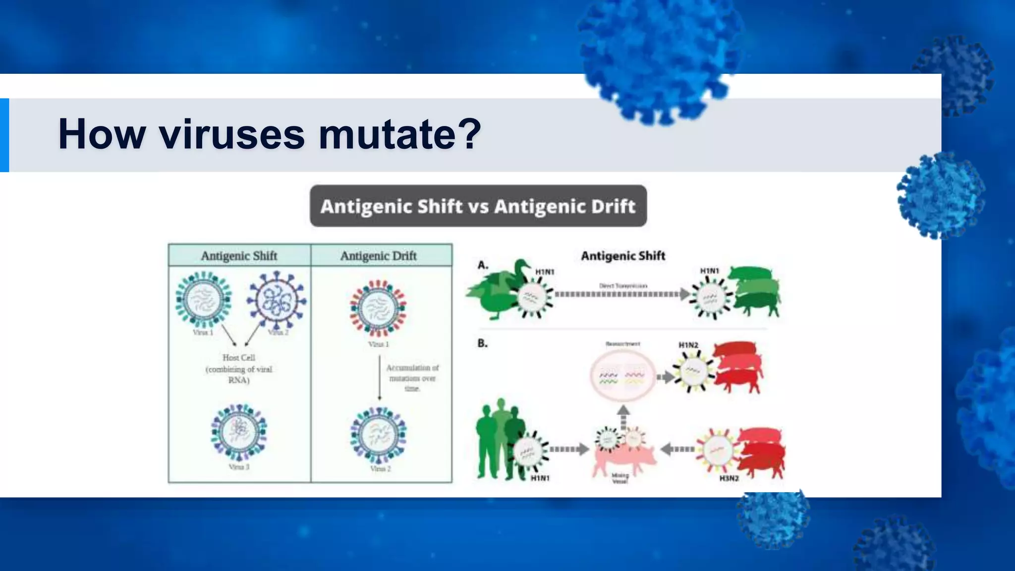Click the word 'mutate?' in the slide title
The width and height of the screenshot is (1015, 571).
click(399, 134)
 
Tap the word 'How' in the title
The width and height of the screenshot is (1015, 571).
click(102, 134)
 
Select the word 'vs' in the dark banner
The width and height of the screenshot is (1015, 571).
click(478, 206)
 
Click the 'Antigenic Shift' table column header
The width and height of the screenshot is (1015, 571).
click(239, 256)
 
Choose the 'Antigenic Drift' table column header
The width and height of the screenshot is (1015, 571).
click(378, 256)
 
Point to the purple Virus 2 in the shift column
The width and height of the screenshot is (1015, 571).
click(277, 300)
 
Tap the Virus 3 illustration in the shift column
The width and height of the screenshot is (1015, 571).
click(239, 432)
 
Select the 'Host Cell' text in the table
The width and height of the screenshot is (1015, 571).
click(239, 357)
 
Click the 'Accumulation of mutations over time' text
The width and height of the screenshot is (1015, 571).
click(412, 378)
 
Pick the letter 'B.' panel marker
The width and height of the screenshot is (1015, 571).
click(482, 343)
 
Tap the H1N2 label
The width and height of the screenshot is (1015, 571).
click(688, 345)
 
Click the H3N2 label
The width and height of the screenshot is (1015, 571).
click(729, 478)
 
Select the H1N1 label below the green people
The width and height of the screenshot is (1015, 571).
click(540, 478)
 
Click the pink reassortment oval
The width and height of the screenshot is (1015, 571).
click(622, 375)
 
